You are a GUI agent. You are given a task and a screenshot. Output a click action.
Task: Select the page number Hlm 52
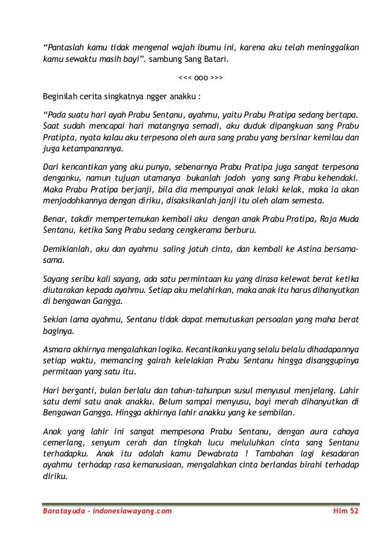(x=341, y=512)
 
